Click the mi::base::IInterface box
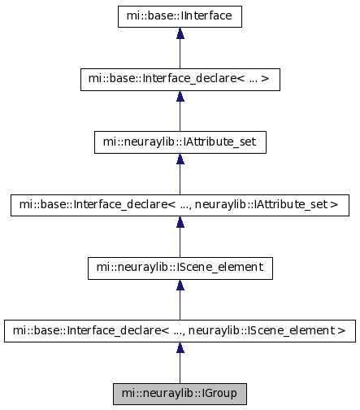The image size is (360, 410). (180, 16)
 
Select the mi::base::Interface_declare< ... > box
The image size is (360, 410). (180, 80)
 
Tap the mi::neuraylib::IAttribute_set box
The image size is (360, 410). (180, 142)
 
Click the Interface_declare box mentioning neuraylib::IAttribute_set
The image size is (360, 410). (180, 205)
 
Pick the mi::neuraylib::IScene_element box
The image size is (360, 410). (180, 268)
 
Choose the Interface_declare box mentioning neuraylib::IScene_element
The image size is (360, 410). (180, 331)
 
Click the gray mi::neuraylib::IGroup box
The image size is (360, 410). (180, 394)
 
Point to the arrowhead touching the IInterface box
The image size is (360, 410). (180, 33)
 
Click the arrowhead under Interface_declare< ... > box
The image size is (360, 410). (180, 96)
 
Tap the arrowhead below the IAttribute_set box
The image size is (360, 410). (180, 159)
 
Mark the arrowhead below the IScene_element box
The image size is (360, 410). (180, 285)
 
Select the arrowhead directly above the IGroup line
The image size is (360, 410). (180, 347)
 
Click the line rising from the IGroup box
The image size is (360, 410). (180, 368)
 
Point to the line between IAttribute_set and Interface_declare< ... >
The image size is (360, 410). (180, 116)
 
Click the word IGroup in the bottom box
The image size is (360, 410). (219, 394)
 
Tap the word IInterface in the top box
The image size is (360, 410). (206, 15)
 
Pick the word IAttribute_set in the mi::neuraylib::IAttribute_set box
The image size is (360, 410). (219, 142)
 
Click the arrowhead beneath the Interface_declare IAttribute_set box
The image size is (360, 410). (180, 222)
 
